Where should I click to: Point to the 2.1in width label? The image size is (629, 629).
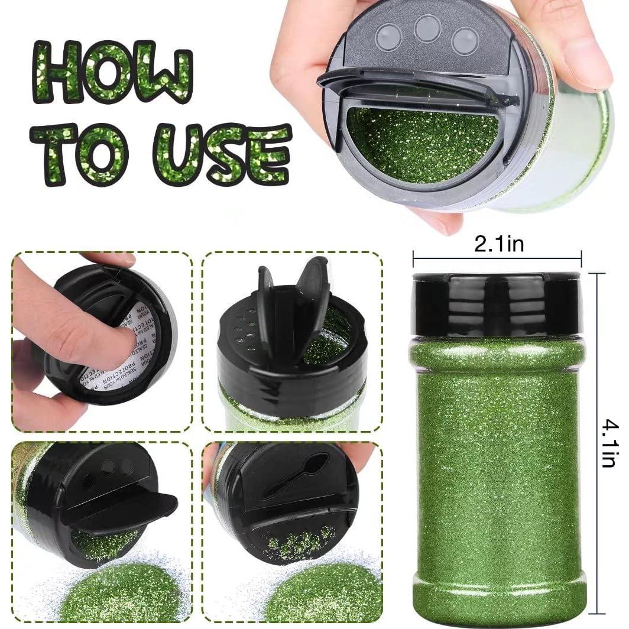pyautogui.click(x=498, y=244)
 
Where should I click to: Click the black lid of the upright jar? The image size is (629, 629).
pyautogui.click(x=498, y=304)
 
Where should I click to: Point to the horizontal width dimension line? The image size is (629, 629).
pyautogui.click(x=498, y=258)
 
